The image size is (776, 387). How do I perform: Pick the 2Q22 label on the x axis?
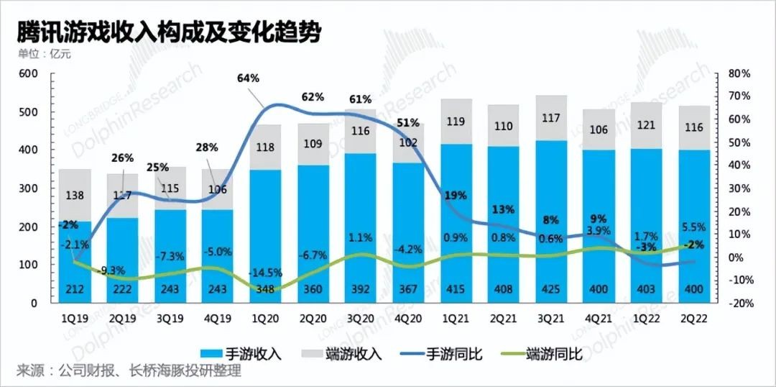pyautogui.click(x=693, y=317)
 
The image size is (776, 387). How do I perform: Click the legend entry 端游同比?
pyautogui.click(x=553, y=353)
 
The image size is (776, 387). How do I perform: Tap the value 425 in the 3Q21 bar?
pyautogui.click(x=551, y=290)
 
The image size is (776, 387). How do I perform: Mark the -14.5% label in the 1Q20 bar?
pyautogui.click(x=265, y=273)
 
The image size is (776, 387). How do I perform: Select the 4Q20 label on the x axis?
pyautogui.click(x=408, y=317)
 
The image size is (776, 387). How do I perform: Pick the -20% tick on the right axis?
pyautogui.click(x=740, y=303)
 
